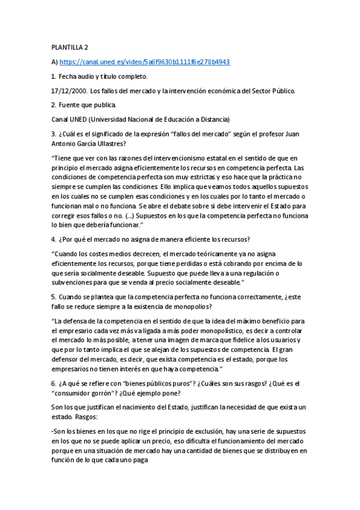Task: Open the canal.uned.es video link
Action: tap(145, 62)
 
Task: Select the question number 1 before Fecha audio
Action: tap(53, 76)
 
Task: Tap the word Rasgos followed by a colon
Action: tap(88, 417)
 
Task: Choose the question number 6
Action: tap(53, 383)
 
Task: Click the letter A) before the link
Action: tap(55, 62)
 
